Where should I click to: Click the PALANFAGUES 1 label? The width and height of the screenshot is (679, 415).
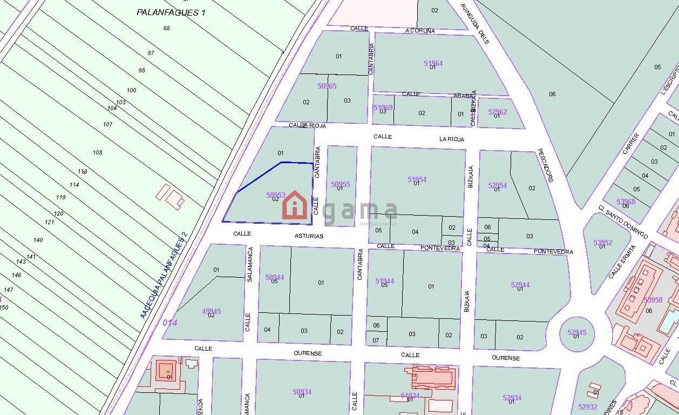click(x=171, y=12)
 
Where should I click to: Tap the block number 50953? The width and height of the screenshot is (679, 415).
click(x=275, y=195)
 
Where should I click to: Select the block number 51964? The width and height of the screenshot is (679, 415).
click(x=433, y=63)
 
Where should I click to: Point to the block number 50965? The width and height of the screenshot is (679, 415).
click(x=327, y=86)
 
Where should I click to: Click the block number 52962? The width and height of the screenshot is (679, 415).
click(x=497, y=112)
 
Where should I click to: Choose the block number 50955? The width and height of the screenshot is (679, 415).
click(x=341, y=184)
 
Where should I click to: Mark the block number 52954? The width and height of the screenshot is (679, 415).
click(x=497, y=185)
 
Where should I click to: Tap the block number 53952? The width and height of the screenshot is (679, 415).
click(x=602, y=243)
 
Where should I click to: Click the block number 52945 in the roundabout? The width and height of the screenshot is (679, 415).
click(x=576, y=332)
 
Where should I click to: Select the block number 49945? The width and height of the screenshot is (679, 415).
click(x=211, y=311)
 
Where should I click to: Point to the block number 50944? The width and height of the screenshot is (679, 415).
click(x=274, y=277)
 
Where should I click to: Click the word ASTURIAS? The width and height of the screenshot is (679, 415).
click(x=309, y=236)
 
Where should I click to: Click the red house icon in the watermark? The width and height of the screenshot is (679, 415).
click(x=295, y=206)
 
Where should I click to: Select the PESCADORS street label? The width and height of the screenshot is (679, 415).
click(x=545, y=165)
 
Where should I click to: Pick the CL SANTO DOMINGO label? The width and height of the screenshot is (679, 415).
click(x=623, y=222)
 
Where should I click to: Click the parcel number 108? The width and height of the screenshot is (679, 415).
click(x=97, y=152)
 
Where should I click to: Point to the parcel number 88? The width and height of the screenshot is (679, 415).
click(x=166, y=28)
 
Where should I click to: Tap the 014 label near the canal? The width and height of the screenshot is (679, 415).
click(x=170, y=323)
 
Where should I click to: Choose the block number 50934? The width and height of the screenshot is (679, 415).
click(x=302, y=392)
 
